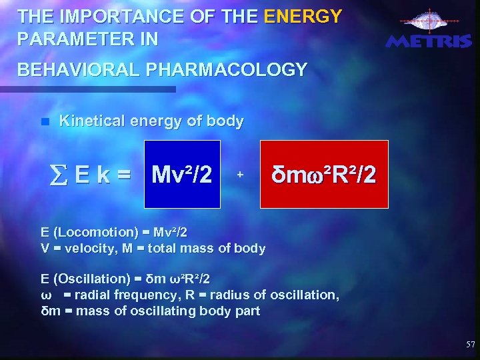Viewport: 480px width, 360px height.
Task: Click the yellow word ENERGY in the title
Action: [x=303, y=15]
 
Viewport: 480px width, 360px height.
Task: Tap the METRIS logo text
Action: [x=429, y=41]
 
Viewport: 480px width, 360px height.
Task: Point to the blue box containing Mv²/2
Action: [x=182, y=175]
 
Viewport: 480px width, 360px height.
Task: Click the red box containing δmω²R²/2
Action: [x=324, y=175]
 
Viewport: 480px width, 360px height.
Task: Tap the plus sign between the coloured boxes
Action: [x=240, y=175]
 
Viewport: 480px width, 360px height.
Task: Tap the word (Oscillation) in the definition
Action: [x=94, y=279]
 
